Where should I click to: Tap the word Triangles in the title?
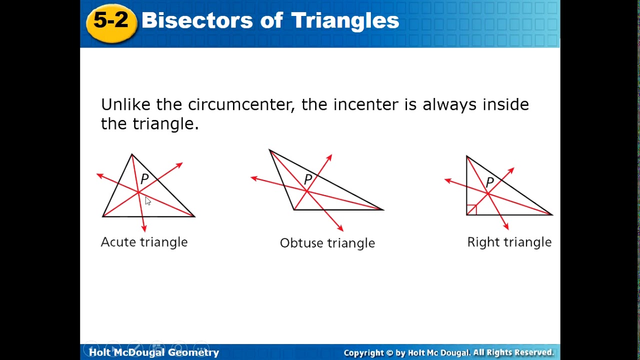pyautogui.click(x=344, y=21)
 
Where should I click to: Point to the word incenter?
pyautogui.click(x=366, y=104)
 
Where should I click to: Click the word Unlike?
pyautogui.click(x=126, y=104)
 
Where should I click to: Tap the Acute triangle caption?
pyautogui.click(x=144, y=242)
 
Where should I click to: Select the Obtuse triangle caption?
pyautogui.click(x=327, y=243)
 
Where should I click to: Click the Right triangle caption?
pyautogui.click(x=509, y=242)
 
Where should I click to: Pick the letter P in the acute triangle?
pyautogui.click(x=144, y=179)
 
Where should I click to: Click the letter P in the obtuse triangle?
pyautogui.click(x=308, y=179)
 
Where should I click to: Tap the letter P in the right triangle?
pyautogui.click(x=490, y=182)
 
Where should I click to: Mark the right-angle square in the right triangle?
pyautogui.click(x=471, y=210)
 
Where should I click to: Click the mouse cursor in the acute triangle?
pyautogui.click(x=147, y=201)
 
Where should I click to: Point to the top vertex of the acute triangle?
pyautogui.click(x=132, y=154)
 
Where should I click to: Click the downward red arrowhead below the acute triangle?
pyautogui.click(x=144, y=228)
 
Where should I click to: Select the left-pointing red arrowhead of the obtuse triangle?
pyautogui.click(x=254, y=178)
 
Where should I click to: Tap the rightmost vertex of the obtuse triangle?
pyautogui.click(x=382, y=209)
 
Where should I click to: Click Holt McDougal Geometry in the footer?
pyautogui.click(x=154, y=352)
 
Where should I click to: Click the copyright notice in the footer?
pyautogui.click(x=448, y=352)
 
